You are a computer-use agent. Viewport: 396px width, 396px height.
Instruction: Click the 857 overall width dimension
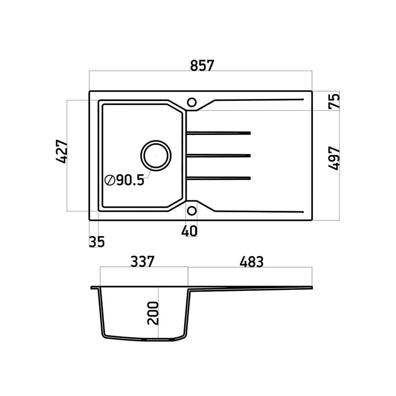pos(202,65)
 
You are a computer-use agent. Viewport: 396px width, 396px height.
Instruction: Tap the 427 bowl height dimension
pos(62,151)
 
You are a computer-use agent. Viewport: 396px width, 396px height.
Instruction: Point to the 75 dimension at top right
pos(334,101)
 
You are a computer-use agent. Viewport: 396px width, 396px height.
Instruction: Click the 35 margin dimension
pos(97,241)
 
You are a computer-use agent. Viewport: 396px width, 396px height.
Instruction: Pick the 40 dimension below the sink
pos(189,231)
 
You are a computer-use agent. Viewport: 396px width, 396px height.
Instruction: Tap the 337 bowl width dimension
pos(142,262)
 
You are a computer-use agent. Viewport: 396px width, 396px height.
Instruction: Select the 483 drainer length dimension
pos(251,262)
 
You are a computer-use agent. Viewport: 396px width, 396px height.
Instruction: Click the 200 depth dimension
pos(153,313)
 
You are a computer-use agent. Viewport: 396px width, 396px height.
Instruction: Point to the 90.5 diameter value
pos(130,180)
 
